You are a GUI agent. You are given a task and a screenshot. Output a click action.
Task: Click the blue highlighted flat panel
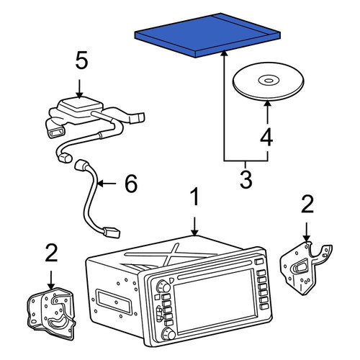click(x=207, y=35)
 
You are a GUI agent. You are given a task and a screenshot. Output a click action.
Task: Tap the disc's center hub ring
click(x=269, y=81)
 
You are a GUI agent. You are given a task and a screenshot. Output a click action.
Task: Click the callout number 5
click(x=81, y=61)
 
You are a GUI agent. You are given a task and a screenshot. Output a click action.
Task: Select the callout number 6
click(x=131, y=184)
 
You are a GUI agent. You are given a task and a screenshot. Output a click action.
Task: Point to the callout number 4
click(x=266, y=137)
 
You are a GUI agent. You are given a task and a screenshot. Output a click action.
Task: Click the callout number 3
click(x=246, y=179)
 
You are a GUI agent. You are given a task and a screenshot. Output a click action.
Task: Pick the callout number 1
click(x=195, y=197)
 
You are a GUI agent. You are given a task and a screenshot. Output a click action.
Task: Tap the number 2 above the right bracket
click(x=307, y=204)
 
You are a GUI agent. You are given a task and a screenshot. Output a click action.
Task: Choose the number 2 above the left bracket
click(x=51, y=253)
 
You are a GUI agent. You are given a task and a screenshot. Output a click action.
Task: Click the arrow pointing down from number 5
click(x=79, y=89)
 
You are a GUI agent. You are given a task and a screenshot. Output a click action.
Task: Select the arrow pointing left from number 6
click(x=107, y=184)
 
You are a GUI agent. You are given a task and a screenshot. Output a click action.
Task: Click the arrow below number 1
click(x=195, y=226)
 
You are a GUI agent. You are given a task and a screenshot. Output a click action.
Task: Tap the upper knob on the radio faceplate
click(x=163, y=286)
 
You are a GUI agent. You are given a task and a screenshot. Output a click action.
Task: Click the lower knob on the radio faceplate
click(x=168, y=334)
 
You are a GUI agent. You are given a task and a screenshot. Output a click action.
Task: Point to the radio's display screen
click(x=215, y=300)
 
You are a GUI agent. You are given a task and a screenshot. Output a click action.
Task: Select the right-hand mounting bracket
click(x=306, y=268)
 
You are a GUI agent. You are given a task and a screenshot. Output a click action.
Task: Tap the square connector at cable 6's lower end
click(x=112, y=233)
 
